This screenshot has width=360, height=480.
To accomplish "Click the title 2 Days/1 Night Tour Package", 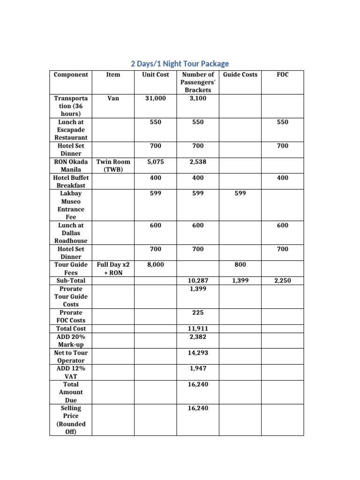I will (180, 64).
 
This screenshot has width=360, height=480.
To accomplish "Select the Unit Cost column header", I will (155, 75).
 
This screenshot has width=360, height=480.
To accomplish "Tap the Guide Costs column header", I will (240, 75).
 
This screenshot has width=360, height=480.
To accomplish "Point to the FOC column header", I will (282, 75).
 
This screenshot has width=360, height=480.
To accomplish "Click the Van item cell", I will (113, 98).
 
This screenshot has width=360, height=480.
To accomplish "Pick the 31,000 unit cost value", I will (155, 98).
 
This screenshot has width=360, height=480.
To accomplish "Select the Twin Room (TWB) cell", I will (113, 165).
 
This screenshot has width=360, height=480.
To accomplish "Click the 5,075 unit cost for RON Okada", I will (155, 162).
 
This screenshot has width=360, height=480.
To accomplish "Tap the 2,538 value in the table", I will (197, 162).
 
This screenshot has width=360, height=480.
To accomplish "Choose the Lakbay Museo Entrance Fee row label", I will (71, 205).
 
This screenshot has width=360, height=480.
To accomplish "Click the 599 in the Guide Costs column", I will (240, 193).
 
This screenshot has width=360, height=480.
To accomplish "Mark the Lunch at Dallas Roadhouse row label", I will (71, 233).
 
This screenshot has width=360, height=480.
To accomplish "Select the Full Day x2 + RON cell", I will (113, 269).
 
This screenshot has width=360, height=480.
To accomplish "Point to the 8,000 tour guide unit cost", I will (155, 265).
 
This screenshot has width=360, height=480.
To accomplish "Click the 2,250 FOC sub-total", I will (282, 281).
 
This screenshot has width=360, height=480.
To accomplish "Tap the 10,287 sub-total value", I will (197, 281).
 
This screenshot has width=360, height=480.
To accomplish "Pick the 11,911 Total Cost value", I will (197, 329).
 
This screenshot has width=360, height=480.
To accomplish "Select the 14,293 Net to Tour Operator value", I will (197, 352).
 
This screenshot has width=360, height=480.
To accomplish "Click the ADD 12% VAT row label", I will (71, 372).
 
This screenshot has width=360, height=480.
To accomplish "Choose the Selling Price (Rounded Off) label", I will (71, 420).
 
